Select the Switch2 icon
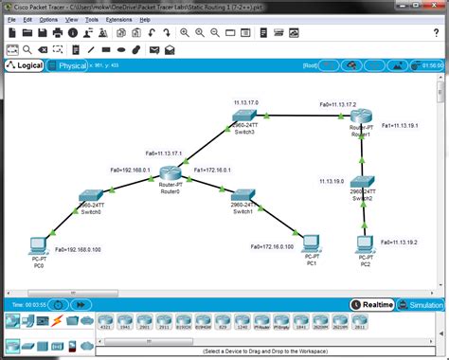(x=363, y=185)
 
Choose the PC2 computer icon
(x=364, y=244)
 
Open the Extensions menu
(x=118, y=19)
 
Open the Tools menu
(x=93, y=19)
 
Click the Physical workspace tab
(x=72, y=65)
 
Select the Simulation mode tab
(x=423, y=305)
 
